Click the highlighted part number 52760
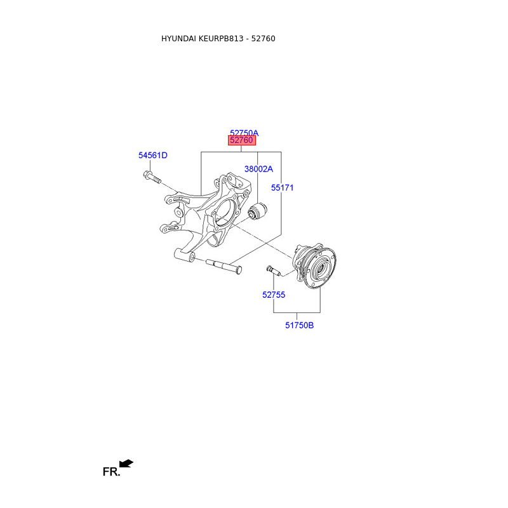(241, 140)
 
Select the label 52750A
(244, 133)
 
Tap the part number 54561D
(153, 155)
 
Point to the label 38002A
(258, 169)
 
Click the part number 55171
(282, 187)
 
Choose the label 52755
(274, 295)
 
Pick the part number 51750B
(299, 325)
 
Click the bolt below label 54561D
(152, 177)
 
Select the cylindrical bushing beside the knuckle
(257, 212)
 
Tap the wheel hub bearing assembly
(314, 265)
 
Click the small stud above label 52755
(274, 271)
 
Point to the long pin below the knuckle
(224, 266)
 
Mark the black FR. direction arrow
(126, 464)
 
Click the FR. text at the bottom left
(111, 472)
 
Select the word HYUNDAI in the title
(178, 39)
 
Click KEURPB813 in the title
(220, 39)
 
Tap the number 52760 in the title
(263, 39)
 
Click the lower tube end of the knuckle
(184, 255)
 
